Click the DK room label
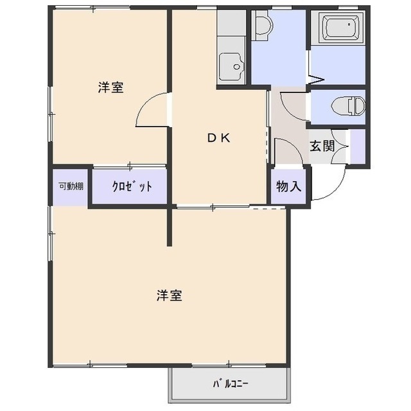tap(218, 137)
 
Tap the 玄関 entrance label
tap(322, 146)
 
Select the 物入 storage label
tap(288, 187)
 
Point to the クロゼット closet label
tap(132, 187)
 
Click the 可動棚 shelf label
tap(71, 187)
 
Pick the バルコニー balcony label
tap(230, 385)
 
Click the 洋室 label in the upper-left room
tap(111, 87)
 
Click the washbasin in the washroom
tap(261, 27)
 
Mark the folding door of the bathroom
tap(316, 79)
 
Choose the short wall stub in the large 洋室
tap(170, 227)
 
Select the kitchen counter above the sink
tap(231, 29)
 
